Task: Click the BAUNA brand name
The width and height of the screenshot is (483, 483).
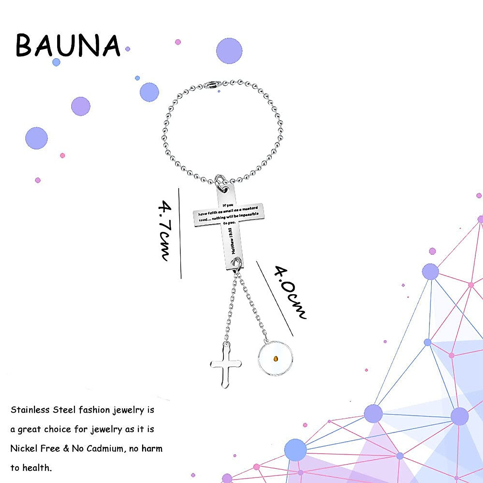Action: (x=68, y=45)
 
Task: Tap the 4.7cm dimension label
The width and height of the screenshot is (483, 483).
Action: (x=165, y=231)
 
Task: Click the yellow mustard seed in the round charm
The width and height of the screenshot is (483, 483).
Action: (x=276, y=358)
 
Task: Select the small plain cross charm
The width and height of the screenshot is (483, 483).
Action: (x=226, y=365)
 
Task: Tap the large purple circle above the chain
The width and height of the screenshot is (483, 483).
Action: (x=229, y=51)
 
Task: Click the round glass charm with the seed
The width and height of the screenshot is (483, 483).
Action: (x=275, y=358)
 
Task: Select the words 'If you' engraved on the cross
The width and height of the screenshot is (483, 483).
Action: (x=228, y=205)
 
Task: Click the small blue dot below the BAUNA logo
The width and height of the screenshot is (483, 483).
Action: (x=56, y=62)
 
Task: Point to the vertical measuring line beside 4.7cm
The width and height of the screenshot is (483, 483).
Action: (x=180, y=233)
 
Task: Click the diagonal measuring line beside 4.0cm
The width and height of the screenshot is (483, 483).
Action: (x=275, y=298)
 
